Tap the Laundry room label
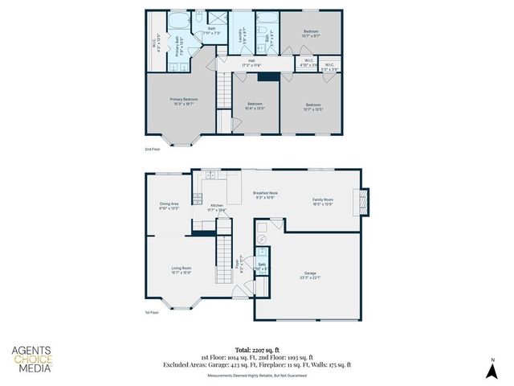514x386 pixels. (x=242, y=35)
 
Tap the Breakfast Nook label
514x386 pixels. (x=265, y=195)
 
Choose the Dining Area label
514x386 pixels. (x=169, y=206)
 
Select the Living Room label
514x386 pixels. (x=181, y=270)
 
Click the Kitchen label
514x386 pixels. (x=217, y=208)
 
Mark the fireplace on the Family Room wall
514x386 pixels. (x=365, y=201)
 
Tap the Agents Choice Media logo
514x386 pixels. (x=32, y=359)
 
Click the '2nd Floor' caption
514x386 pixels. (x=153, y=150)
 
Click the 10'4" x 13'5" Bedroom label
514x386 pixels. (x=255, y=106)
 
